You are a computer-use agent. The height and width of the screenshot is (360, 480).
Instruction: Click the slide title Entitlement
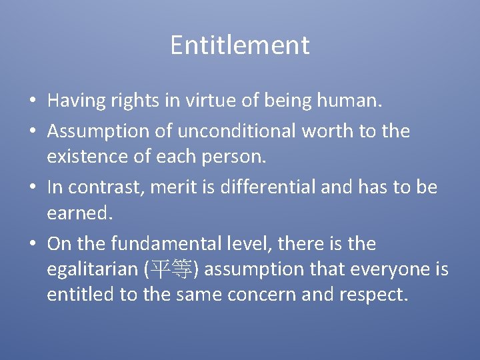[x=239, y=45]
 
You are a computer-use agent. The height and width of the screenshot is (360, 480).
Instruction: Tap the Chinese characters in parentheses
[x=171, y=270]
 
